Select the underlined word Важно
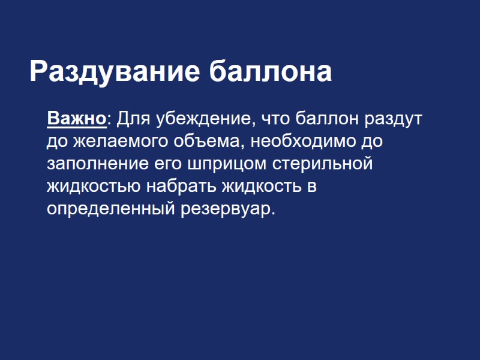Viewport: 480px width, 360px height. pyautogui.click(x=76, y=119)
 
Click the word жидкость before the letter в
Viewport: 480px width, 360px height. pyautogui.click(x=262, y=186)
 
